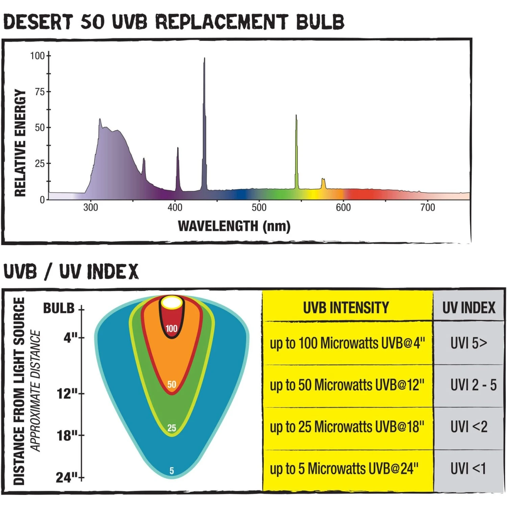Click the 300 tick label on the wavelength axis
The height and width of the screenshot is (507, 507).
click(x=91, y=208)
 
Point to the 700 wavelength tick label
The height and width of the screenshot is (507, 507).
click(x=428, y=208)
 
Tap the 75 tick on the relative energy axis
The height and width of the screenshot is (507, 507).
click(x=40, y=92)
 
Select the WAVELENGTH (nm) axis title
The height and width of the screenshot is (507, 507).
click(x=234, y=226)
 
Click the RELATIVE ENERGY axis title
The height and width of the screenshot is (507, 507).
click(x=20, y=143)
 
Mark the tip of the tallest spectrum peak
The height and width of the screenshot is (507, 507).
click(x=204, y=58)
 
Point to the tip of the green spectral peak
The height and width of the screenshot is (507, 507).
click(x=296, y=116)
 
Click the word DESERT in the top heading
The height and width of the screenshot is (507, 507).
click(x=38, y=22)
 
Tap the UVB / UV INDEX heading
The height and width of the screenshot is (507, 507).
click(x=71, y=272)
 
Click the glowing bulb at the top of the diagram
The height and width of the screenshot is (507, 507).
click(x=172, y=303)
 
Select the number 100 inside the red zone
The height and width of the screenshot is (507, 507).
click(x=172, y=329)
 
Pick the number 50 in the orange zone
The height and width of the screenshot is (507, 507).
click(x=172, y=384)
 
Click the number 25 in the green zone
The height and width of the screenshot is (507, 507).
click(x=172, y=428)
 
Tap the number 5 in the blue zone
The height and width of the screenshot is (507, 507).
click(x=172, y=470)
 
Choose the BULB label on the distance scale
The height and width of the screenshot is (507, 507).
click(x=59, y=308)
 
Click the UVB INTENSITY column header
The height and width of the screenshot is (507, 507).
click(x=346, y=308)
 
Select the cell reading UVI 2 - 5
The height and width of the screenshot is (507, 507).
click(x=473, y=385)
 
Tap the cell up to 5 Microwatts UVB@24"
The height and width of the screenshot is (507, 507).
click(x=344, y=469)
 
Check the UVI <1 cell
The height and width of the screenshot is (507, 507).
click(x=468, y=469)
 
